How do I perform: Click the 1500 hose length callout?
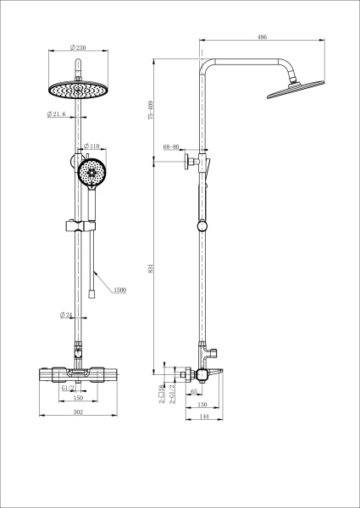[119, 290]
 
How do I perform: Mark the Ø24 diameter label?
[65, 315]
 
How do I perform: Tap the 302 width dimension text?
[77, 412]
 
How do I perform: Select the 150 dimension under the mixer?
[77, 397]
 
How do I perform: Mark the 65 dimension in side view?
[194, 391]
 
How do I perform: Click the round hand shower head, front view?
[91, 173]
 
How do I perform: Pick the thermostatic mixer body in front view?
[77, 373]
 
